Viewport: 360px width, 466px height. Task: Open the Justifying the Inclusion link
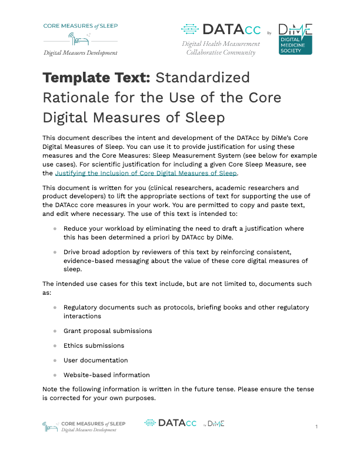(146, 174)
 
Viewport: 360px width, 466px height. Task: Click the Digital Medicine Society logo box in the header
(295, 39)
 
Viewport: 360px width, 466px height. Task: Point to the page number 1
(316, 426)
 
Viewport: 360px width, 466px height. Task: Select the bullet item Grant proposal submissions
(108, 331)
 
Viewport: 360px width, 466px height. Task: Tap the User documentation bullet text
(96, 360)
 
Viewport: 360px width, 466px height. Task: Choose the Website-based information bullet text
(106, 375)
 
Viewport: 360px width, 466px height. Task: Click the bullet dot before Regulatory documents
(55, 308)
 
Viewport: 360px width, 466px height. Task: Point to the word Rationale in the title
(76, 98)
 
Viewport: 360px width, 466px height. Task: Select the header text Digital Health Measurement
(221, 44)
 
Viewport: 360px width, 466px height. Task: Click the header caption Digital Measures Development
(80, 53)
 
